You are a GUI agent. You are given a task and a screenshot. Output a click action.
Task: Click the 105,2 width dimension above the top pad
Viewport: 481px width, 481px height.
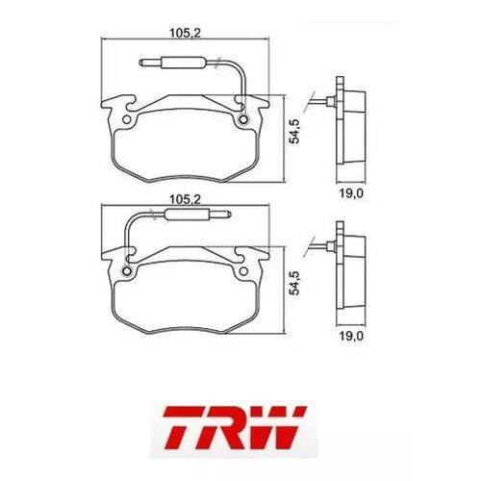click(185, 33)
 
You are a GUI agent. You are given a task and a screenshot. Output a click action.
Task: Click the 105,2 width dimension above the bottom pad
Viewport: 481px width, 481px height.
click(185, 200)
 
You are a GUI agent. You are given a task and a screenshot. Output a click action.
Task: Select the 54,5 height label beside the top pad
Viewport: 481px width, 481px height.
click(294, 131)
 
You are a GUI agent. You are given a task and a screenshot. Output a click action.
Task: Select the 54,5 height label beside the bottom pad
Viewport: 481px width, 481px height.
click(294, 283)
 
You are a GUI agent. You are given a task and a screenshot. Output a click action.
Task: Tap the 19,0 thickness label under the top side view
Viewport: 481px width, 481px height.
click(351, 193)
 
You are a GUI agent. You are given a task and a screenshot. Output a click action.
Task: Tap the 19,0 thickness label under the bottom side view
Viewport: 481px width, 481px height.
click(351, 337)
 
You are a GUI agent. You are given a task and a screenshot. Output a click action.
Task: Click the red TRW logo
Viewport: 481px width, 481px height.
click(235, 427)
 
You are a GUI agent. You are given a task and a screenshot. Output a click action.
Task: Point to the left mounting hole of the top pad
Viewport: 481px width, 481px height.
click(127, 119)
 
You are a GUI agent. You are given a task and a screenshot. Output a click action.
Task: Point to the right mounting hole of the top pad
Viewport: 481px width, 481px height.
click(243, 119)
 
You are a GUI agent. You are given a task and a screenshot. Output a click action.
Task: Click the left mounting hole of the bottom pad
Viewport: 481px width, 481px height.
click(127, 271)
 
